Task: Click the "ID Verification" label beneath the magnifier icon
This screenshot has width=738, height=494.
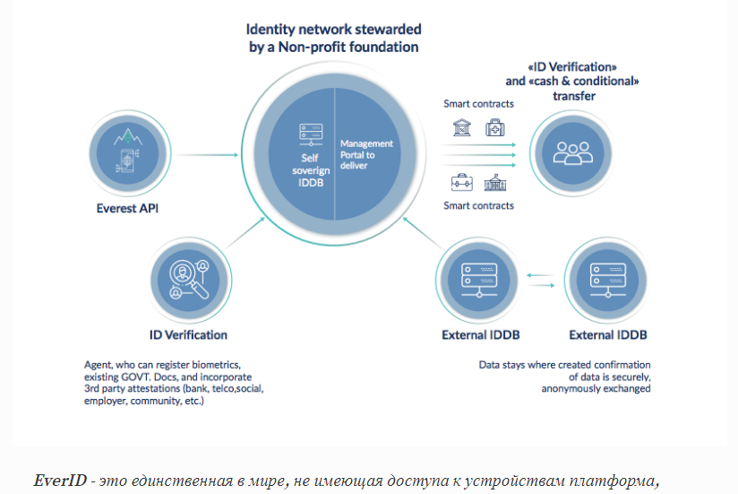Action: [x=188, y=334]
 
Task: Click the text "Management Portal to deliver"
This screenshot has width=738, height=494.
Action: [x=366, y=154]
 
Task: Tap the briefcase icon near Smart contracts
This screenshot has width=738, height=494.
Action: [x=462, y=182]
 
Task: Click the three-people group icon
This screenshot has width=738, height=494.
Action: [x=572, y=152]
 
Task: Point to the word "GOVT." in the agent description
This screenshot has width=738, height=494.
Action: [x=142, y=379]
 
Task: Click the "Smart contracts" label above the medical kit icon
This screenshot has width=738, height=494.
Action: [x=479, y=103]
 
